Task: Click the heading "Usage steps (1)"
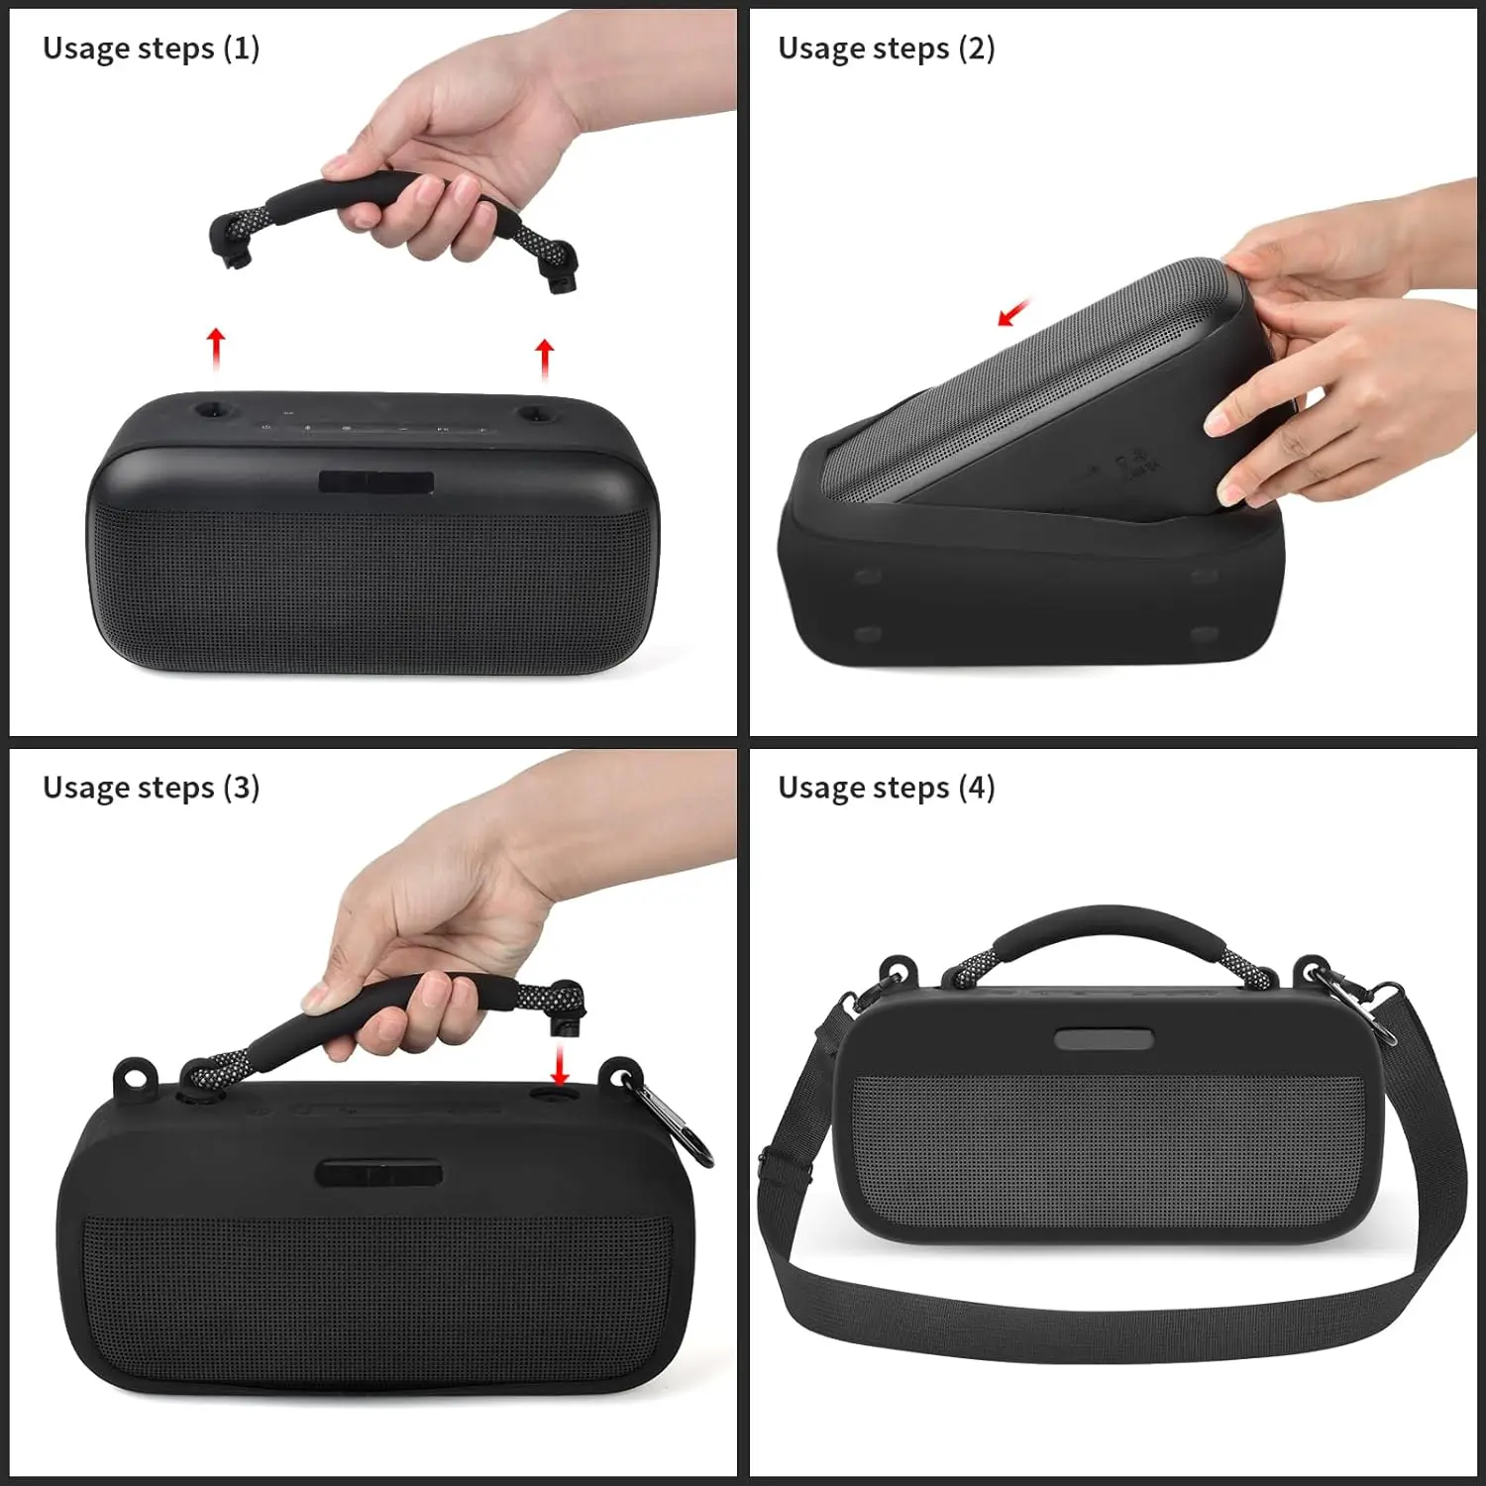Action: pyautogui.click(x=151, y=49)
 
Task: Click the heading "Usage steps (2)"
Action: pyautogui.click(x=886, y=49)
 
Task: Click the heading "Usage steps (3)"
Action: pyautogui.click(x=151, y=788)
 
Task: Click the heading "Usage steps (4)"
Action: pyautogui.click(x=886, y=788)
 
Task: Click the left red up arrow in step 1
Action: pyautogui.click(x=216, y=350)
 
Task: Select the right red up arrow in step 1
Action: pyautogui.click(x=544, y=359)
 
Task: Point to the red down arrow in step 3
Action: pyautogui.click(x=560, y=1064)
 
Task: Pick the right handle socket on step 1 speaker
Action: pyautogui.click(x=533, y=412)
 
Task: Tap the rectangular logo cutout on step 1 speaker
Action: pyautogui.click(x=375, y=482)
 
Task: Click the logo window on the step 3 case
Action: pyautogui.click(x=378, y=1174)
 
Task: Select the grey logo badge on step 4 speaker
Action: pyautogui.click(x=1103, y=1039)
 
